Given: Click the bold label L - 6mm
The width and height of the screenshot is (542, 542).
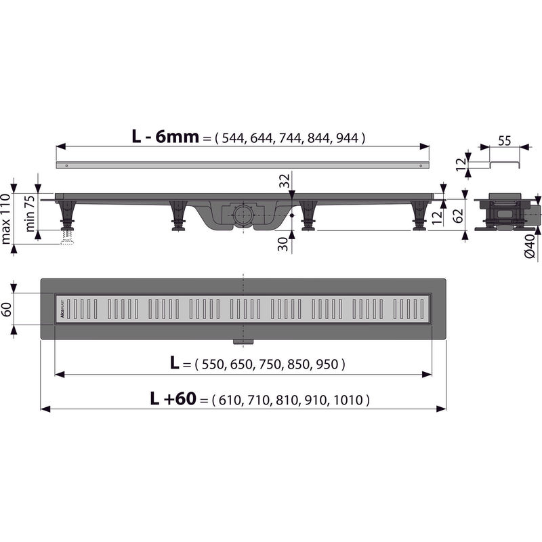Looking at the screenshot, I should [x=165, y=137].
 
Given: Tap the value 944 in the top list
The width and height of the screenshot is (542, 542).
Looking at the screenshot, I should [x=348, y=138].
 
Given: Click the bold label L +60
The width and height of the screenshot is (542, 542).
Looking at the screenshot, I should [x=173, y=400].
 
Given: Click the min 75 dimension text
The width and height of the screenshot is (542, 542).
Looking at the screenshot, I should [x=30, y=213].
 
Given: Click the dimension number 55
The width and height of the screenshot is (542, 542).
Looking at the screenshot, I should [x=505, y=141].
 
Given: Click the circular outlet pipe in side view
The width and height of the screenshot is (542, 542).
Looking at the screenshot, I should [x=241, y=217].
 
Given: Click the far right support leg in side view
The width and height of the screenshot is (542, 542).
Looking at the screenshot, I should [x=419, y=217].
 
